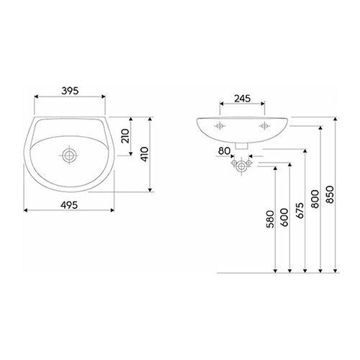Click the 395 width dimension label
(70, 91)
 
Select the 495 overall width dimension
(69, 205)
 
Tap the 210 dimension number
(125, 136)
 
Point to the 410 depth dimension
(144, 154)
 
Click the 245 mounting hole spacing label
(243, 99)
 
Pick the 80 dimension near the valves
(224, 151)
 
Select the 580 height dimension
(270, 219)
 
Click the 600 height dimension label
(284, 217)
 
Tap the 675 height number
(300, 210)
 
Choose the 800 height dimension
(315, 199)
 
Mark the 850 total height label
(330, 194)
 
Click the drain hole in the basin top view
(69, 155)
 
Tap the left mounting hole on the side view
(220, 125)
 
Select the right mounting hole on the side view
(264, 125)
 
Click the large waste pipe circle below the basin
(241, 166)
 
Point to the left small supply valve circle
(234, 163)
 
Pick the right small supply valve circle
(249, 163)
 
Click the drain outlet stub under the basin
(242, 145)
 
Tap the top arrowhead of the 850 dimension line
(336, 119)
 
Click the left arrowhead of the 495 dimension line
(25, 210)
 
